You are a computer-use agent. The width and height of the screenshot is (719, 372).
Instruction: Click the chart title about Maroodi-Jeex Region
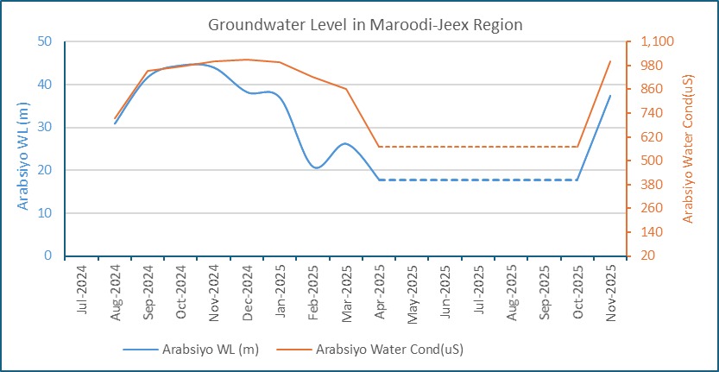coord(365,25)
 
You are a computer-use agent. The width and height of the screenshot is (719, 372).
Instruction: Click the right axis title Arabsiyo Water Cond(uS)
coord(688,148)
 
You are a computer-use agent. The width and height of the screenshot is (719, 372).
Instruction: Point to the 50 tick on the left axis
coord(46,41)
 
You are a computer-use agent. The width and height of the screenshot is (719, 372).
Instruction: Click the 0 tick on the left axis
coord(49,256)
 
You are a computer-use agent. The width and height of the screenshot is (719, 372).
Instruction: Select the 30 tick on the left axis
coord(46,127)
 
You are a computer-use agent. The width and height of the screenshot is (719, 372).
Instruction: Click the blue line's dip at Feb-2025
coord(315,167)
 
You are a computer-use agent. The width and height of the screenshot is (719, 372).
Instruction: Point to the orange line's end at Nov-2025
coord(610,61)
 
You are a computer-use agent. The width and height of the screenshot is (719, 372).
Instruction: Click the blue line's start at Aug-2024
coord(115,123)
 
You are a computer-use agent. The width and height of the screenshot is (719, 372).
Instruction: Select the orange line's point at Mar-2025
coord(346,89)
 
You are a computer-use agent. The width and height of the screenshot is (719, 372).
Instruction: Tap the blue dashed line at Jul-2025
coord(478,180)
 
